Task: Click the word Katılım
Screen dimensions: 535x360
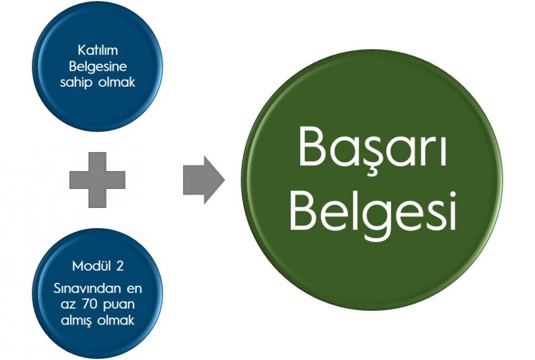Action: (97, 50)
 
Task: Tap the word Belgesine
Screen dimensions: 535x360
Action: (97, 67)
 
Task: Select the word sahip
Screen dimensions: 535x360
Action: (76, 83)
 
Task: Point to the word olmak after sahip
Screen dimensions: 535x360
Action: (117, 82)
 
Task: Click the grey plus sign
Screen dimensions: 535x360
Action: (97, 179)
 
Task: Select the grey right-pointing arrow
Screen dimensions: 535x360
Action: (204, 180)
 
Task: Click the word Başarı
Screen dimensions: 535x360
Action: (373, 147)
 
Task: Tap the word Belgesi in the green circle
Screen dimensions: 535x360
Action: (373, 211)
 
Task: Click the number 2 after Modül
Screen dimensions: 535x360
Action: (119, 266)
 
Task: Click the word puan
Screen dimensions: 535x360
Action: (119, 305)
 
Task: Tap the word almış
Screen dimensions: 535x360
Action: (76, 321)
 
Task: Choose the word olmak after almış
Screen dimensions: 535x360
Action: (116, 320)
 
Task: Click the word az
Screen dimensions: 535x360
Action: (68, 305)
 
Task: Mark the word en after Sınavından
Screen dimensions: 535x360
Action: (134, 289)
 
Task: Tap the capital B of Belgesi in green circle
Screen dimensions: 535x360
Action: (306, 211)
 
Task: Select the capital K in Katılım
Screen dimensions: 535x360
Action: (82, 50)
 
